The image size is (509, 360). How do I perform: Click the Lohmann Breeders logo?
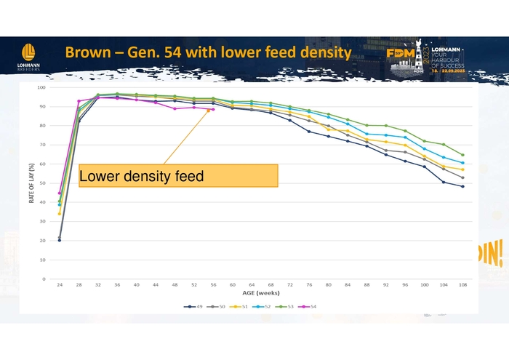click(29, 56)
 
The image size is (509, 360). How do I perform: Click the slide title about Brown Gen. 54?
click(208, 53)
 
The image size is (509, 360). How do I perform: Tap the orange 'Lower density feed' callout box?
click(178, 175)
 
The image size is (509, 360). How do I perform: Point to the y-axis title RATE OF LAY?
click(31, 183)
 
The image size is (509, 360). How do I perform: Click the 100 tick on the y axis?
click(41, 88)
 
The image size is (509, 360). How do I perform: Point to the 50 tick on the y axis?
click(43, 183)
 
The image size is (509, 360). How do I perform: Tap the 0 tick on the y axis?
click(44, 279)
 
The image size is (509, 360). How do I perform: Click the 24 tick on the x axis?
click(60, 285)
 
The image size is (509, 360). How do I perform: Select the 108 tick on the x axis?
click(462, 285)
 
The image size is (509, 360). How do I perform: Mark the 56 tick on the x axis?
click(213, 285)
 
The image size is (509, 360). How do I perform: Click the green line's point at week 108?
click(462, 155)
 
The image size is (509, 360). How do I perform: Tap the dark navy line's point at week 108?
click(462, 186)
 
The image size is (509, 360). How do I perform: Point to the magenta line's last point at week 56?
click(213, 110)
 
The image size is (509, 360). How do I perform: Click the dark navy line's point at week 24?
click(60, 240)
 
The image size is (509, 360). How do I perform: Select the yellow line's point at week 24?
click(60, 213)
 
